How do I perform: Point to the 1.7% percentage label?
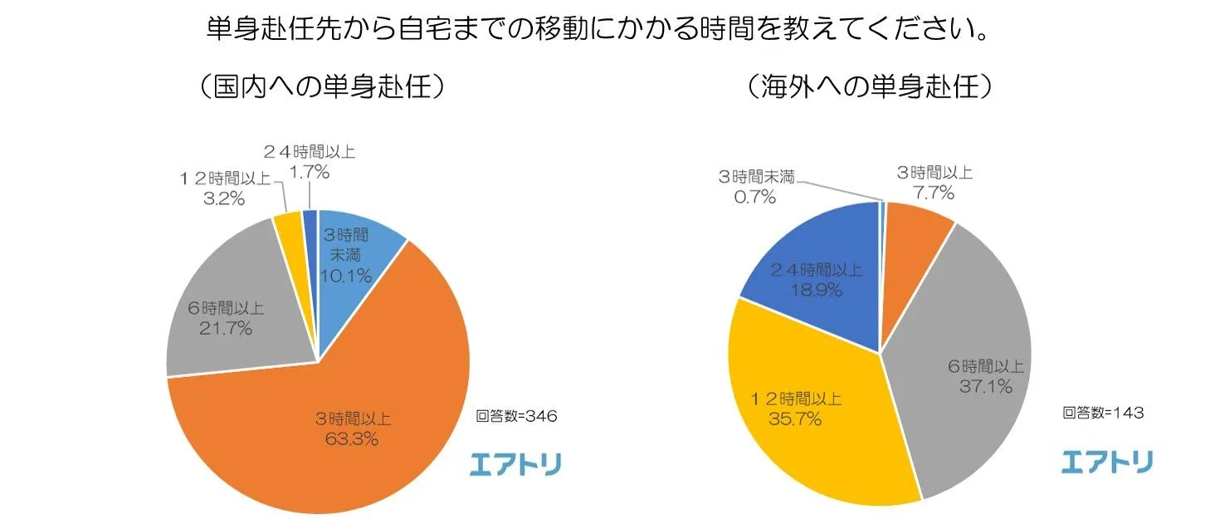coord(310,172)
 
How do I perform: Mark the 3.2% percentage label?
coord(223,198)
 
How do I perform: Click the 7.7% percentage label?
coord(934,193)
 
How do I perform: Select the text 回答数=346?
coord(515,416)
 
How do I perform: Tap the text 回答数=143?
coord(1103,413)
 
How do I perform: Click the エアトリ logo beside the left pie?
coord(515,464)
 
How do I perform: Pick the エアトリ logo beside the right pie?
coord(1107,462)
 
